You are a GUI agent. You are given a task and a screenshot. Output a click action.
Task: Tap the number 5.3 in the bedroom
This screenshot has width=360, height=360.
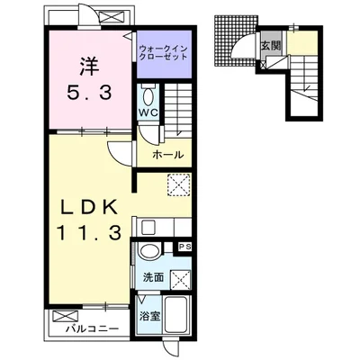pyautogui.click(x=89, y=93)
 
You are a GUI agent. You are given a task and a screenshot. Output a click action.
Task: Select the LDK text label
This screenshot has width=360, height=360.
pyautogui.click(x=89, y=207)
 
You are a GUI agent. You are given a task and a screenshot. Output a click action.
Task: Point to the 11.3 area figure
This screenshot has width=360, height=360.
pyautogui.click(x=89, y=232)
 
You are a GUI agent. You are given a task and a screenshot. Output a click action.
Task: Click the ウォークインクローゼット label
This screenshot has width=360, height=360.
pyautogui.click(x=164, y=52)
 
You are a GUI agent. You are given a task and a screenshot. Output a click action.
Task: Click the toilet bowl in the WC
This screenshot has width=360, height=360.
pyautogui.click(x=148, y=96)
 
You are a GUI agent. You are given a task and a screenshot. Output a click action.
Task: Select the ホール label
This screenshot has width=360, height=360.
pyautogui.click(x=167, y=155)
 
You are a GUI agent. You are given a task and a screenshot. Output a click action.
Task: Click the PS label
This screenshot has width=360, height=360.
pyautogui.click(x=184, y=247)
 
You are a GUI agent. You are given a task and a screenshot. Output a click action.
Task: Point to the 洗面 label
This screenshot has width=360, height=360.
pyautogui.click(x=153, y=278)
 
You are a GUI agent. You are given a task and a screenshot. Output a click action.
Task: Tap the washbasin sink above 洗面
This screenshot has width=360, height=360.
pyautogui.click(x=149, y=250)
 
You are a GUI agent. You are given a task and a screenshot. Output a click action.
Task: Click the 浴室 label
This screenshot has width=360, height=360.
pyautogui.click(x=149, y=316)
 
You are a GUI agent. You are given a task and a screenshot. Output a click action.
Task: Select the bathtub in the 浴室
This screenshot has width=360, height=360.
pyautogui.click(x=177, y=315)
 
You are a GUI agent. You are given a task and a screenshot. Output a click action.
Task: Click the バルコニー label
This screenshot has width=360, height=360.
pyautogui.click(x=93, y=328)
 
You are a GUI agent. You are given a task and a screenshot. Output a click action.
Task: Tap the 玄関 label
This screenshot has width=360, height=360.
pyautogui.click(x=271, y=45)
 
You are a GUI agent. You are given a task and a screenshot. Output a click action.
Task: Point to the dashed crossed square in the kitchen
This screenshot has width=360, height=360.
pyautogui.click(x=179, y=184)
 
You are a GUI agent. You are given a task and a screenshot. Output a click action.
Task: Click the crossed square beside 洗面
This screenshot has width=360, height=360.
pyautogui.click(x=181, y=280)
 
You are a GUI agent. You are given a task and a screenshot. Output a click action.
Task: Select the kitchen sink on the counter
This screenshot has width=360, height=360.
pyautogui.click(x=148, y=227)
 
